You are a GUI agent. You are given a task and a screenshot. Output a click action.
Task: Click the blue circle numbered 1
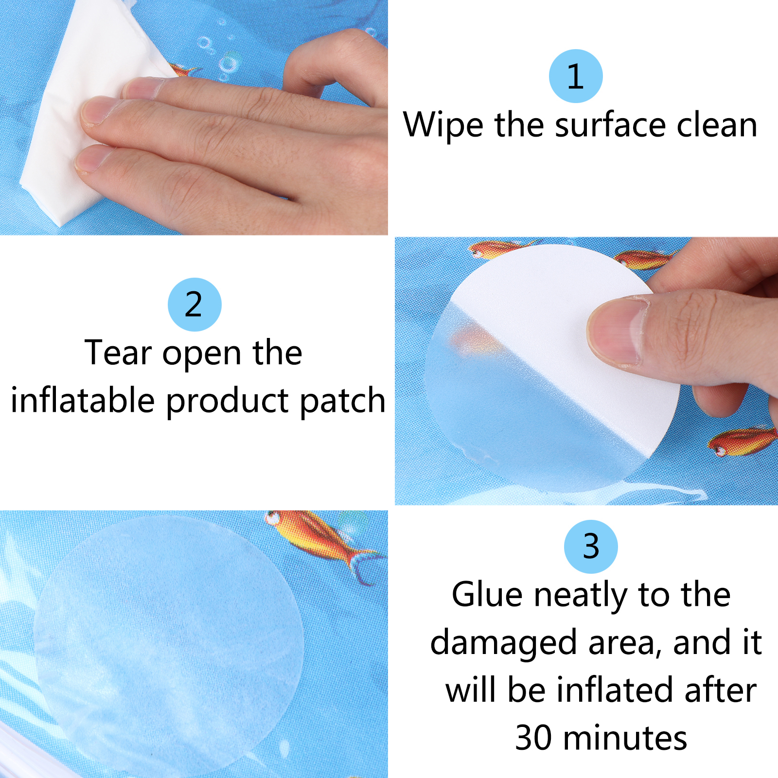point(576,76)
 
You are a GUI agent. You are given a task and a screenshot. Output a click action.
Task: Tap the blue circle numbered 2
point(194,304)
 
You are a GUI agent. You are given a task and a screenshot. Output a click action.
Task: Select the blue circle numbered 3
point(591,547)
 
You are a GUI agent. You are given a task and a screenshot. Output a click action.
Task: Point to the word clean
point(717,125)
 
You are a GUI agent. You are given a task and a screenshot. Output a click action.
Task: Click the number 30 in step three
point(533,738)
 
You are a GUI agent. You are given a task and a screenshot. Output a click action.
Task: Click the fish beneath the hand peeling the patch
point(742,440)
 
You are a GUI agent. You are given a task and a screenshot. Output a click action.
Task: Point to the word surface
point(610,125)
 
